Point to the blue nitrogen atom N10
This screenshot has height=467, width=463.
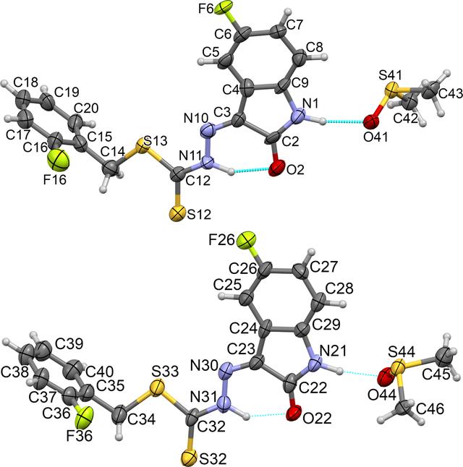pyautogui.click(x=209, y=129)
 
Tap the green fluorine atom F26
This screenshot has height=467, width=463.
pyautogui.click(x=247, y=240)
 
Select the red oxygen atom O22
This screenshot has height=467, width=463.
pyautogui.click(x=294, y=414)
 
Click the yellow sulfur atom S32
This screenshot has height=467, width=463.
pyautogui.click(x=190, y=457)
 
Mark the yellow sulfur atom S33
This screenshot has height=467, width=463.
pyautogui.click(x=157, y=387)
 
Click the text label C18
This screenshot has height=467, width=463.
pyautogui.click(x=26, y=82)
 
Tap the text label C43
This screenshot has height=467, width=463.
pyautogui.click(x=451, y=94)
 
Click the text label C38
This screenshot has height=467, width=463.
pyautogui.click(x=15, y=372)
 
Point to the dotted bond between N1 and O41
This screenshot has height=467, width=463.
pyautogui.click(x=344, y=121)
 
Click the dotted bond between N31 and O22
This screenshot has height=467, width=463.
pyautogui.click(x=268, y=414)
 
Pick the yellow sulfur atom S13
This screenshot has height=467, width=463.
pyautogui.click(x=143, y=146)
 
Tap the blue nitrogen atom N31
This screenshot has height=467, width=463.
pyautogui.click(x=224, y=404)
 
